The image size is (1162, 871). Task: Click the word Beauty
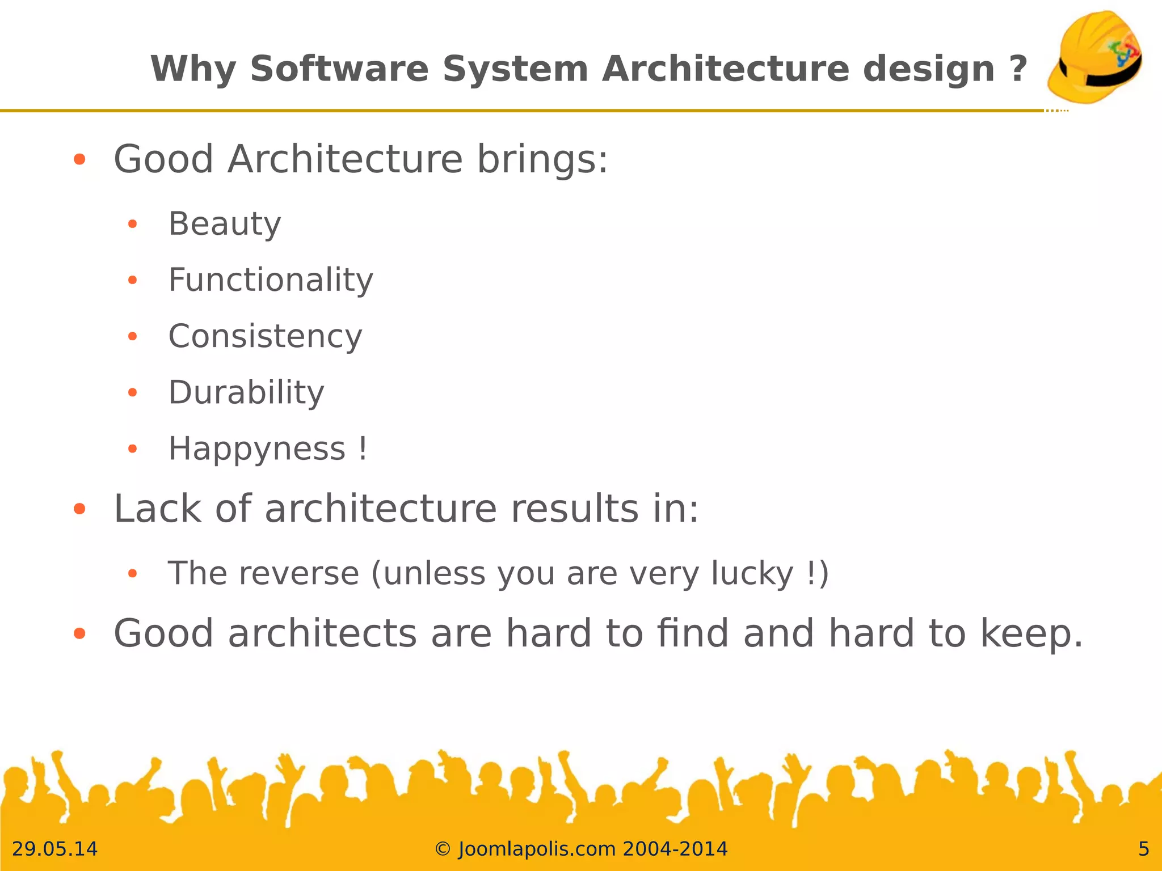click(225, 223)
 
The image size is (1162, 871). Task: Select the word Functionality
click(271, 280)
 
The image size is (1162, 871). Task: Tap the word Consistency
click(265, 336)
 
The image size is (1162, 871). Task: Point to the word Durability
click(246, 392)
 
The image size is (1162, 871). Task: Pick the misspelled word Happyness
click(257, 449)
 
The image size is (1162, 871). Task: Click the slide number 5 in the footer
click(1143, 849)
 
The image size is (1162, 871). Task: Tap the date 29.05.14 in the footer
click(54, 849)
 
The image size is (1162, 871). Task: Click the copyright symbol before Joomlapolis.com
click(443, 849)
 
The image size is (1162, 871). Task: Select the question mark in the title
click(1018, 69)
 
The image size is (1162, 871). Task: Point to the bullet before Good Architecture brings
click(79, 159)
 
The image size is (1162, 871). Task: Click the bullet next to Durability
click(133, 392)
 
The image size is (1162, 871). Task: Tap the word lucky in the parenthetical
click(752, 573)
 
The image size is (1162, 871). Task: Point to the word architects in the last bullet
click(322, 633)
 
